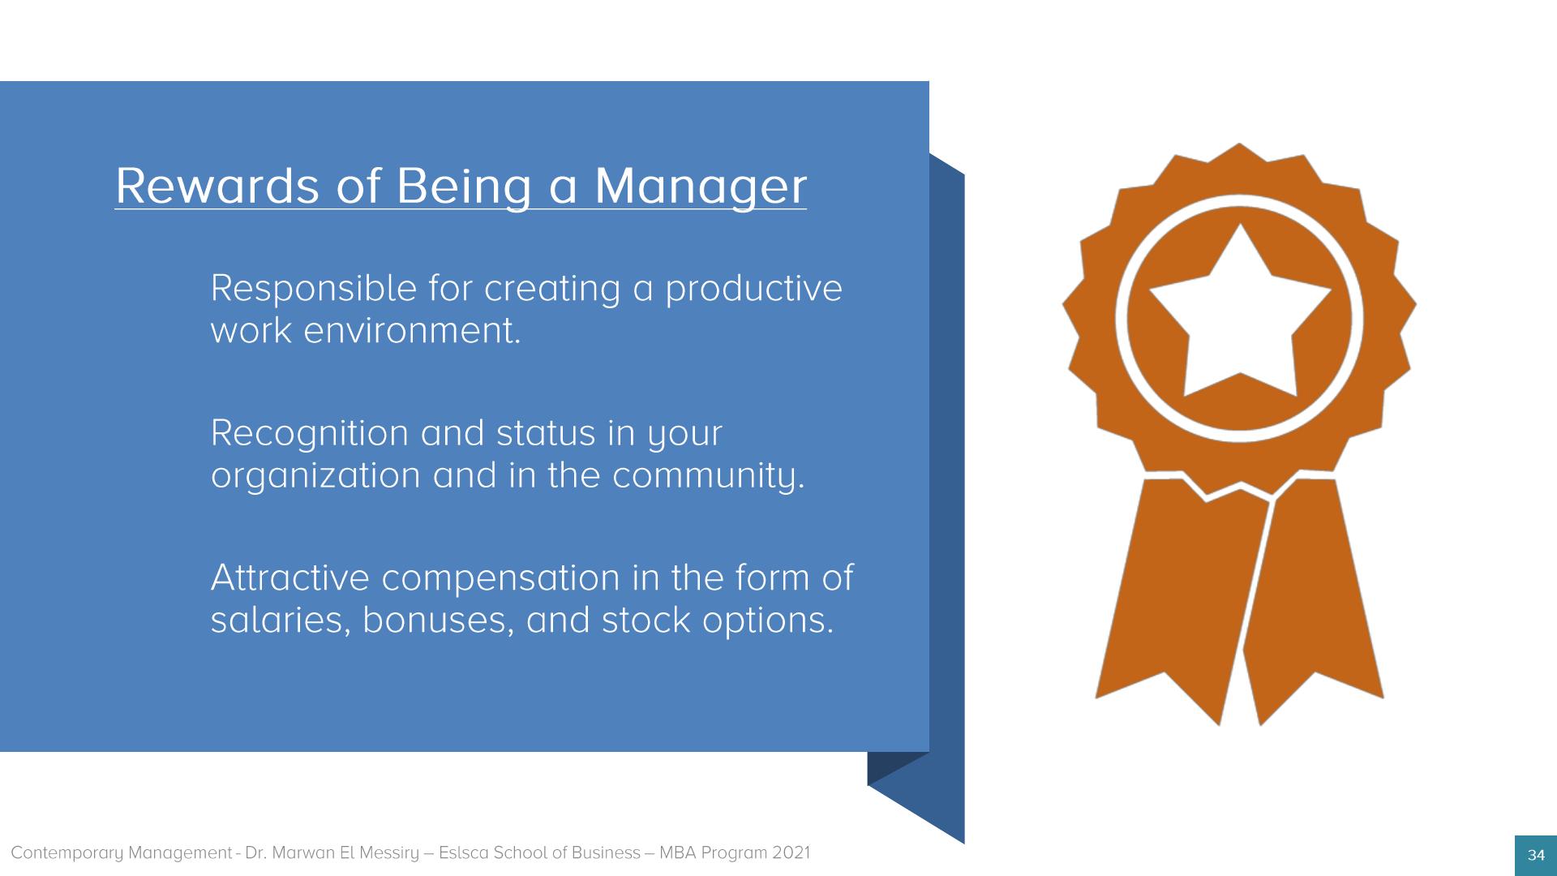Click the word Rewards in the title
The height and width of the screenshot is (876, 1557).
click(x=217, y=186)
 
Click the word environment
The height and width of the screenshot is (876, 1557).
click(x=412, y=331)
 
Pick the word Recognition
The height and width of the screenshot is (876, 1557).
click(x=310, y=434)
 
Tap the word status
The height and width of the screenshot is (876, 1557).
click(x=546, y=434)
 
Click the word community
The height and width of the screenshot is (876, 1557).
click(x=709, y=476)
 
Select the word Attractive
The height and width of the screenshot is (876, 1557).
click(x=290, y=578)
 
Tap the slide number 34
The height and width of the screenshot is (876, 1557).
click(x=1536, y=855)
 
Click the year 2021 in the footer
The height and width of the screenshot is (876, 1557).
click(x=791, y=853)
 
